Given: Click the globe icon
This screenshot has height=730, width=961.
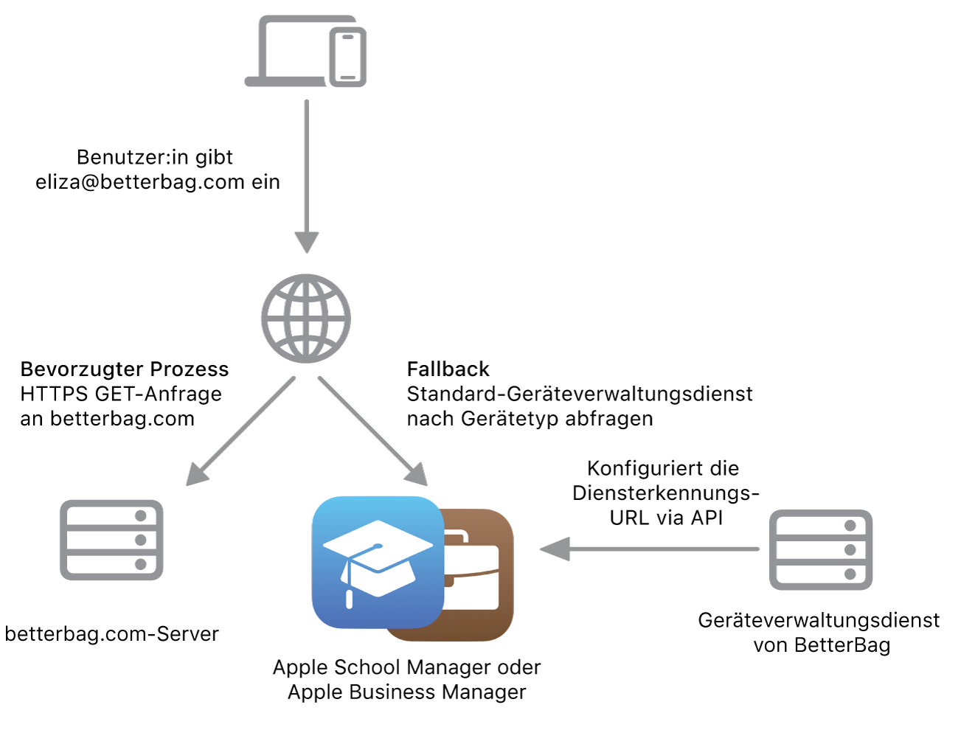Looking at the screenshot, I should [x=305, y=319].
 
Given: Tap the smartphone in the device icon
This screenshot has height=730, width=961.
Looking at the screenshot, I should [x=347, y=58].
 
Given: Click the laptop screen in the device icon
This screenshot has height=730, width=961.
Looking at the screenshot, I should [x=291, y=49].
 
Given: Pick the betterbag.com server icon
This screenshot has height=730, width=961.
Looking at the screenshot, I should [x=111, y=540].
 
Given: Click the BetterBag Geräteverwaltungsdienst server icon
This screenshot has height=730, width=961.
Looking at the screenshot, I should [x=820, y=549].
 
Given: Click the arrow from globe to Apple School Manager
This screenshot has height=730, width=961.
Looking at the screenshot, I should [x=372, y=431].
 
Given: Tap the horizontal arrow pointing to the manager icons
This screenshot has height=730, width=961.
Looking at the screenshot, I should [x=649, y=549].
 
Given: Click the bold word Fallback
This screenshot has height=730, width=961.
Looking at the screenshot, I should [x=448, y=369].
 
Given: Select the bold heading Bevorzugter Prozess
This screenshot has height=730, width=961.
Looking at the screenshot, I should [x=125, y=369].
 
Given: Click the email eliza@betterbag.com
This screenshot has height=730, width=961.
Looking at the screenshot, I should [x=140, y=181].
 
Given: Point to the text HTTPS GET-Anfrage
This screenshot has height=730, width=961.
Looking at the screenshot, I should [x=121, y=394].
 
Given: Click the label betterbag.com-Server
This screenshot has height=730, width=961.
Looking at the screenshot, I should [x=111, y=633].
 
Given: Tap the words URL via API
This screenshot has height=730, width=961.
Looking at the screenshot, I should [x=666, y=518].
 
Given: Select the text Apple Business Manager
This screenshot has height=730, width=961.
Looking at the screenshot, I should [x=406, y=692].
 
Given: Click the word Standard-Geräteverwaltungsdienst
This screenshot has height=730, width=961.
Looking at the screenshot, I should [x=580, y=394].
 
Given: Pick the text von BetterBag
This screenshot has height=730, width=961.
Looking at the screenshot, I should [x=822, y=645].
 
